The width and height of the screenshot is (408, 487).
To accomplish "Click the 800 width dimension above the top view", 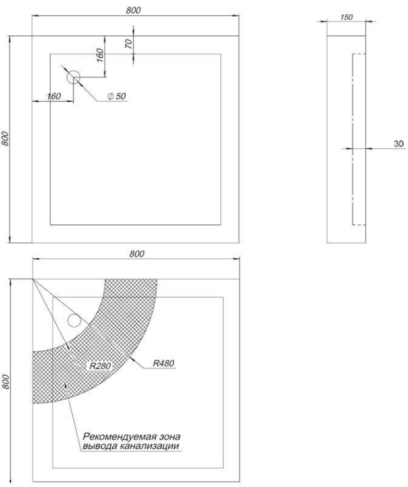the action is (133, 10).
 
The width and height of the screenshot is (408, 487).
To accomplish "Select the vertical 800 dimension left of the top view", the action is (5, 139).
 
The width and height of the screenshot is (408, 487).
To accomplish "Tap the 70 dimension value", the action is (129, 44).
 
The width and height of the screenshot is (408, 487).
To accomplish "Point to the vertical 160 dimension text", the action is (100, 55).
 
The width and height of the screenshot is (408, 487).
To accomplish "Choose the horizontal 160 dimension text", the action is (54, 97).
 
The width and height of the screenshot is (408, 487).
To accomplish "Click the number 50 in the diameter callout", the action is (121, 97).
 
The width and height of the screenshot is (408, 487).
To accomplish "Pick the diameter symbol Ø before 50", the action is (110, 97).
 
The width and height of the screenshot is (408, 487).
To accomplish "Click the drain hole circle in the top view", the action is (73, 77).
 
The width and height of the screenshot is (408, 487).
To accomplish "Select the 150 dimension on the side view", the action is (346, 17).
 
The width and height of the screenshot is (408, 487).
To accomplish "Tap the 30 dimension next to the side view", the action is (398, 144).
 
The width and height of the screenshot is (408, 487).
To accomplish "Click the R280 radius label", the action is (100, 366).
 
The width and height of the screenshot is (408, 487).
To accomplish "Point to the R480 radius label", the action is (163, 363).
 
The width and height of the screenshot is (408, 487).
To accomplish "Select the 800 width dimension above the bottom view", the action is (137, 254).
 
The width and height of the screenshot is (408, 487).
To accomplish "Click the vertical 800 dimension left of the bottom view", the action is (6, 382).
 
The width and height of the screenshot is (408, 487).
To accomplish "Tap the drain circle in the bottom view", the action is (74, 321).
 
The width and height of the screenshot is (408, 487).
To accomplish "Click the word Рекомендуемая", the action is (119, 437).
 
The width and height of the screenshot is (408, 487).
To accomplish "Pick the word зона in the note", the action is (170, 437).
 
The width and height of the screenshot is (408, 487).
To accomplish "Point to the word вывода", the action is (100, 446).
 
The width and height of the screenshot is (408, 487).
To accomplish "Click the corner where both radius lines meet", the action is (33, 279).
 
